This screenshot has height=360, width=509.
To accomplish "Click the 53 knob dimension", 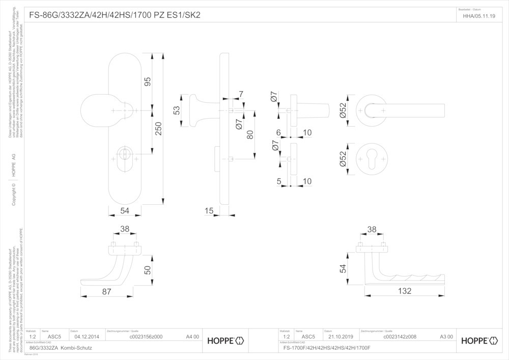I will pos(177,110).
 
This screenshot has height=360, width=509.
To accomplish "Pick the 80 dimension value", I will pos(250,135).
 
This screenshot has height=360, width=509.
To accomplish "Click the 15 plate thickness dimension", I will pos(209,210).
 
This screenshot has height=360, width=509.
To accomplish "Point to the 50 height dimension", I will pos(148,270).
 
